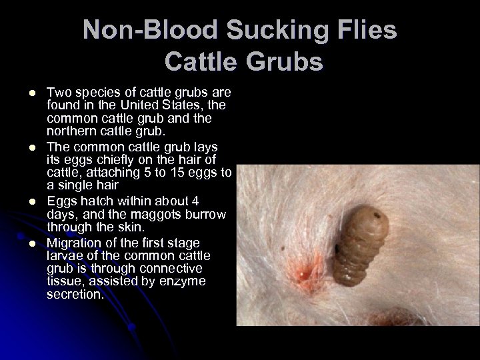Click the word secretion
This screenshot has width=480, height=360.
click(75, 295)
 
